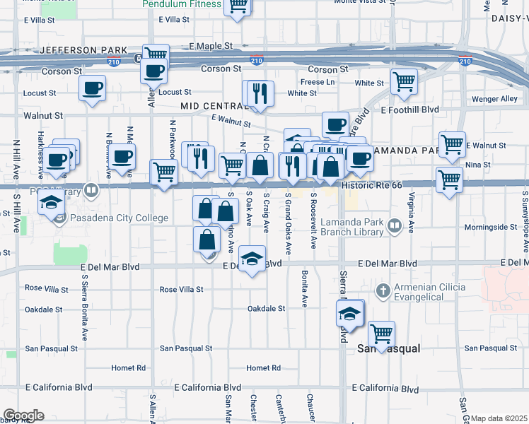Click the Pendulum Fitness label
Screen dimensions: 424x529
182,4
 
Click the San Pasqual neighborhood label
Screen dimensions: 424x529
388,349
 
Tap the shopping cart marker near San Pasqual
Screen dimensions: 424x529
381,334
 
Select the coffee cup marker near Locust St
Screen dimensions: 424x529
92,89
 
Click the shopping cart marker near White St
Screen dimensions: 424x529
404,81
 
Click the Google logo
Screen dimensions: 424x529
23,415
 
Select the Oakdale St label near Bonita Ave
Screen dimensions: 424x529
266,309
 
